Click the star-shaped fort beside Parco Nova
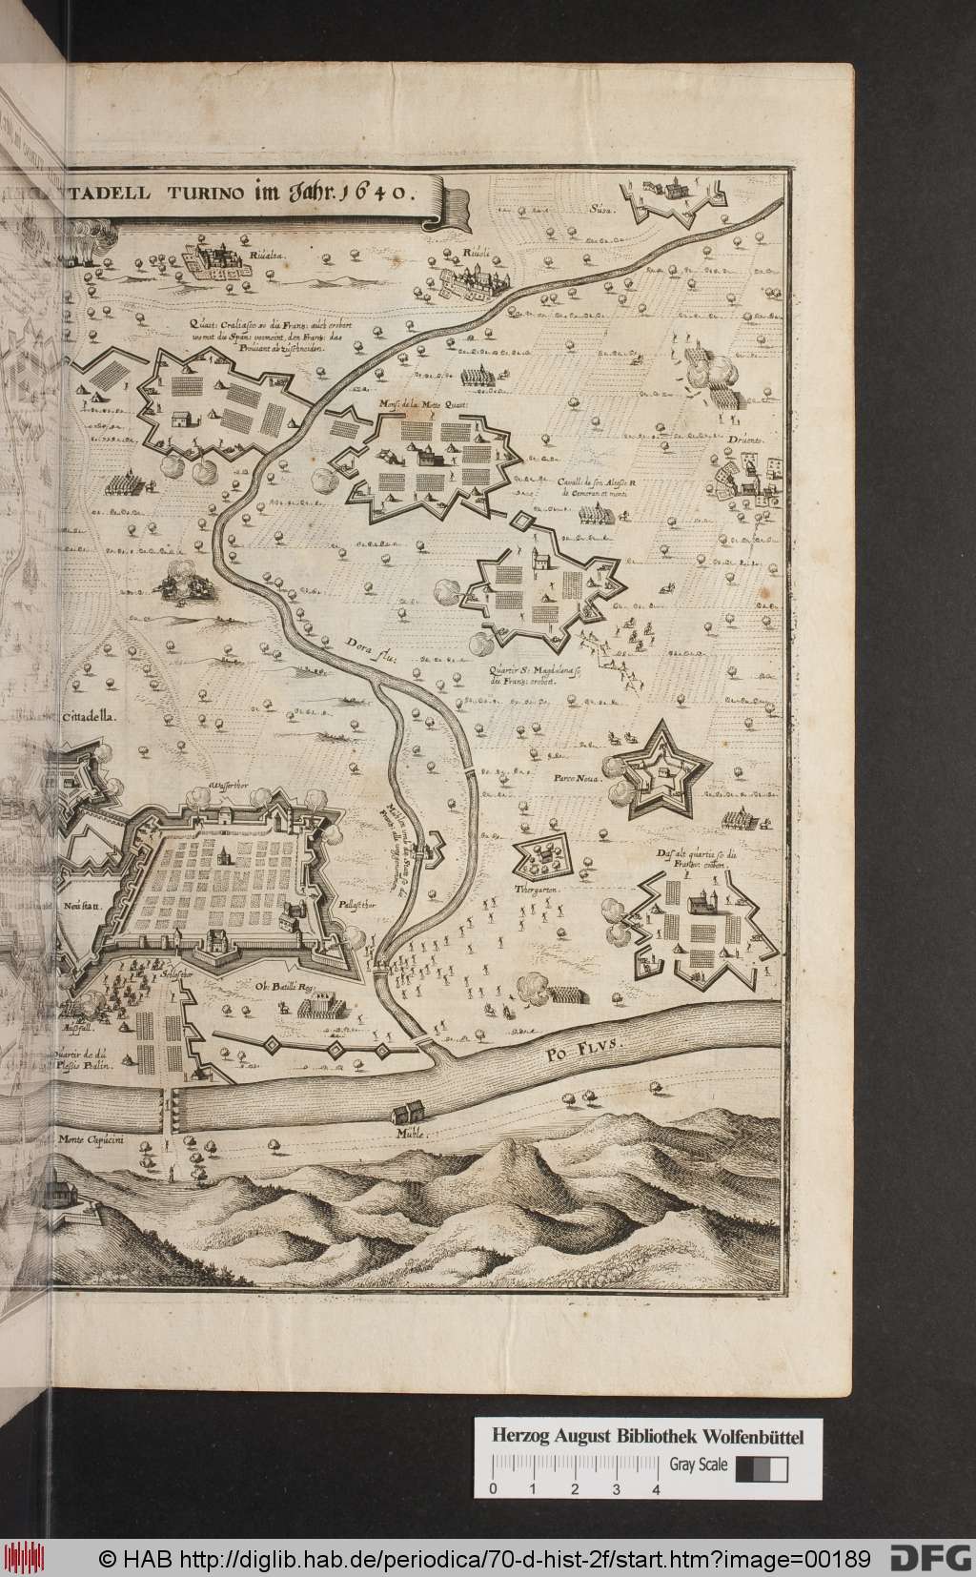coord(659,768)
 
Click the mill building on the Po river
coord(408,1113)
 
